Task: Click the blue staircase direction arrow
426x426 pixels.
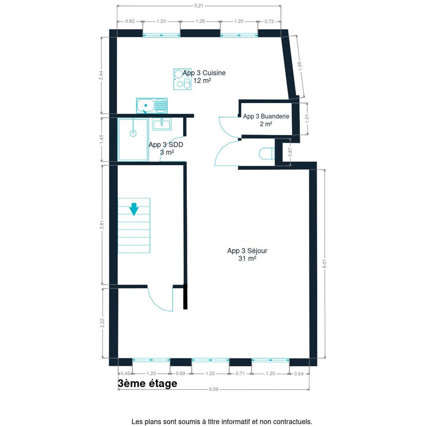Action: tap(134, 209)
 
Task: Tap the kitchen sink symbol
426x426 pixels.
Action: tap(152, 106)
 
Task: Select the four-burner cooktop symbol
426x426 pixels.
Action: tap(182, 79)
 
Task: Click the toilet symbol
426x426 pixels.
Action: tap(267, 153)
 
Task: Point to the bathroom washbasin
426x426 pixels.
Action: tap(162, 124)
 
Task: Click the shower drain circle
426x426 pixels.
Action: tap(133, 133)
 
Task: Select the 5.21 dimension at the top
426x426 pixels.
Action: tap(199, 6)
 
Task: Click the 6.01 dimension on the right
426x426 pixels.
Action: tap(324, 263)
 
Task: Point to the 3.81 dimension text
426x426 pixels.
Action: tap(102, 225)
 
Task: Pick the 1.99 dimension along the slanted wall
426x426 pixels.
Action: tap(300, 66)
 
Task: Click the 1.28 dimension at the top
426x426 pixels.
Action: tap(200, 21)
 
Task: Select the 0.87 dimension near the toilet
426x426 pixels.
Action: tap(290, 152)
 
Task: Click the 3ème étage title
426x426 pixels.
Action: tap(147, 383)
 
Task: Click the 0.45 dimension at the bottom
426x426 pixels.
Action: tap(125, 373)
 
